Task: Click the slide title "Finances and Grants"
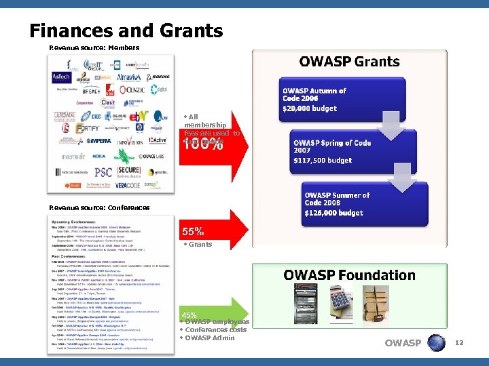126,30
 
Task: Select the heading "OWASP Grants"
349,62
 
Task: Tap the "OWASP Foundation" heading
349,274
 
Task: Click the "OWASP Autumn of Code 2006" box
319,100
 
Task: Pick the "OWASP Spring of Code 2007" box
333,151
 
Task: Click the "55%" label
194,231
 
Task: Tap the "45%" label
189,315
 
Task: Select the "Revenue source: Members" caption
94,48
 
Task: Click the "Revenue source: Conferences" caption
100,207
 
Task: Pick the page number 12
459,343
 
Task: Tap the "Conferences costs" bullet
215,329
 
